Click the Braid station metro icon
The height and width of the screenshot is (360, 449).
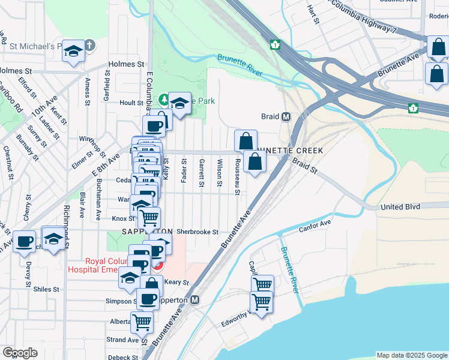coord(286,116)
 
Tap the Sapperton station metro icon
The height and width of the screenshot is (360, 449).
coord(194,299)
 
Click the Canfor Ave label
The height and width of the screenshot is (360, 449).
coord(315,225)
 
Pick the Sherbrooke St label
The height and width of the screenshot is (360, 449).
coord(196,232)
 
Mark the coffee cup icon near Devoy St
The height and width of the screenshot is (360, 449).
coord(24,242)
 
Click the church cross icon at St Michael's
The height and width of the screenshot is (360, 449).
coord(89,45)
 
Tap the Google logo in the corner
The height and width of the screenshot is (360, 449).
coord(20,353)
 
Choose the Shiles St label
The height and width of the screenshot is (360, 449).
coord(46,289)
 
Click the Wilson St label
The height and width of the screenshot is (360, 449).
coord(220,172)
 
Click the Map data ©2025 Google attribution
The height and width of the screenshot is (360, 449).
coord(411,355)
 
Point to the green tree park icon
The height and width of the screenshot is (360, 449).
coord(163,100)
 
